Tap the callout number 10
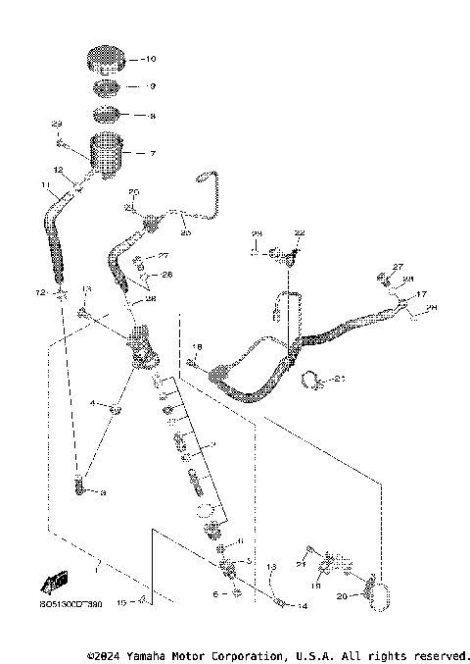150,60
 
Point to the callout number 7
151,153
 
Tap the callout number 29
56,124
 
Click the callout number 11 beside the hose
44,183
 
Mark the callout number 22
300,232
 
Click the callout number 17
422,293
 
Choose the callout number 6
214,594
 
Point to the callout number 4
94,402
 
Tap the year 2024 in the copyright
113,654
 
